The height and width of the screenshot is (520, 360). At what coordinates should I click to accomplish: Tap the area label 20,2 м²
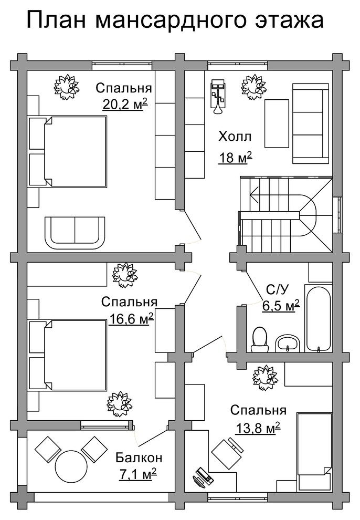pos(124,105)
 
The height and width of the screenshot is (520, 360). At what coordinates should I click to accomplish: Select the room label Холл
pos(235,136)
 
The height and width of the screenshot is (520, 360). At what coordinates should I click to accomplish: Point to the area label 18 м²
pos(235,157)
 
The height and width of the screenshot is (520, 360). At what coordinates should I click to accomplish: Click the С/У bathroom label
pos(278,289)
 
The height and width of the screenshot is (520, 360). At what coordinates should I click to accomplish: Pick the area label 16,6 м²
pos(131,319)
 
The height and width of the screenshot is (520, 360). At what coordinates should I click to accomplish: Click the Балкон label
pos(139,457)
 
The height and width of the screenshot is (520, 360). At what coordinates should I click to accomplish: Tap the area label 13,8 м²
pos(257,428)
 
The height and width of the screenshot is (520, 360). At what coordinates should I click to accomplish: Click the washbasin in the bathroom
pos(288,343)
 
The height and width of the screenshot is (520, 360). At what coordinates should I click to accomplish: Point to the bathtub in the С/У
pos(319,319)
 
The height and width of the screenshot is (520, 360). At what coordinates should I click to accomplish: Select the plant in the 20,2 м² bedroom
pos(67,87)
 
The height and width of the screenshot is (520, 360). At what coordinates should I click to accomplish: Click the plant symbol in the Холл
pos(253,87)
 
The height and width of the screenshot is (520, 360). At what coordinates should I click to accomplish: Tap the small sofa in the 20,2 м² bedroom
pos(75,233)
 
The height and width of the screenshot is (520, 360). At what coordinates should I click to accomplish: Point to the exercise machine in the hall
pos(218,96)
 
